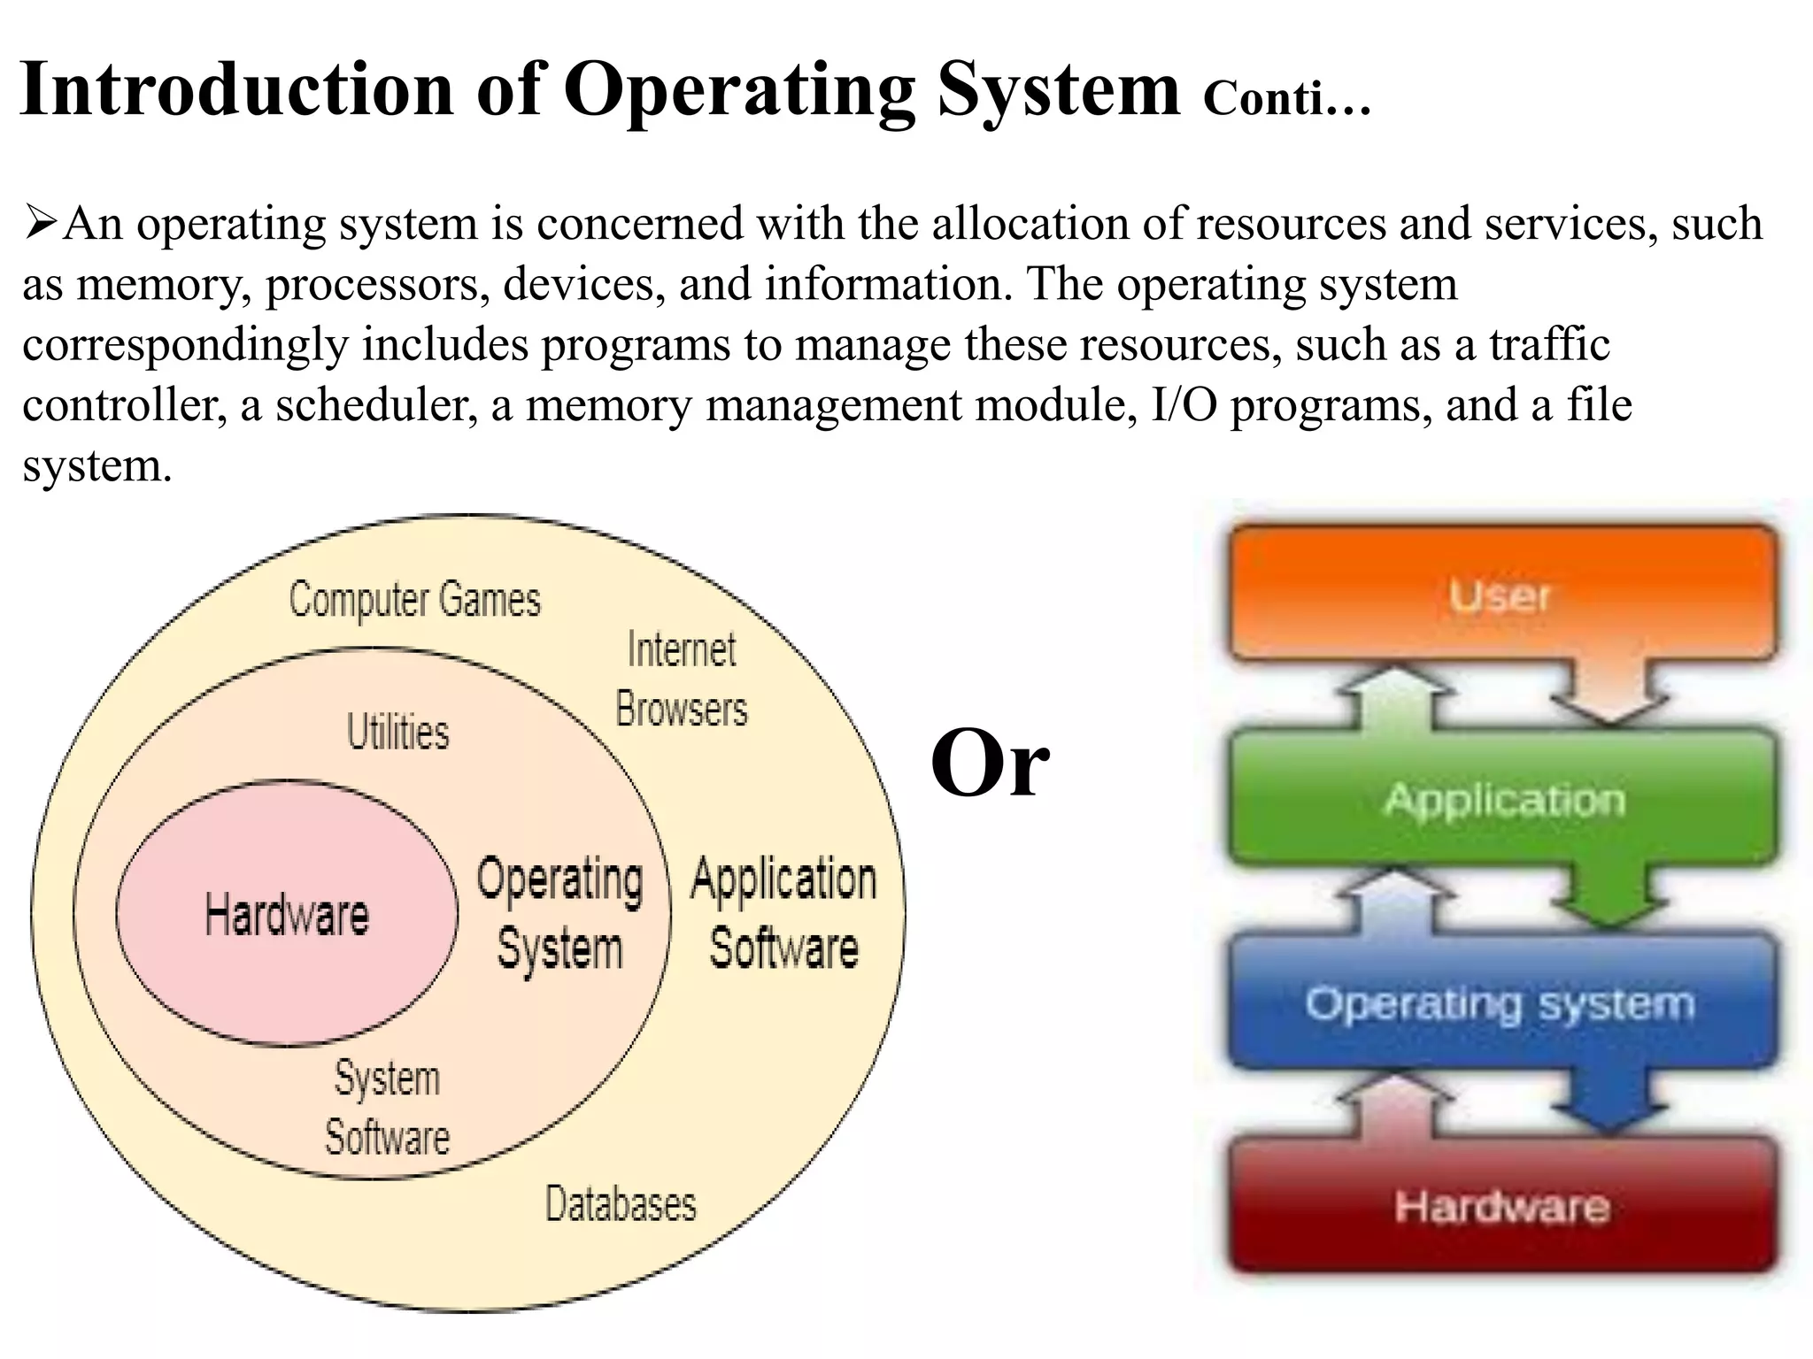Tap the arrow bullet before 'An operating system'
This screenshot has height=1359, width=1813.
click(41, 223)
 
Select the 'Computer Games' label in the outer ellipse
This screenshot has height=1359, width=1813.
click(414, 600)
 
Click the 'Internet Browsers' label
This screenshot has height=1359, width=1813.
click(682, 679)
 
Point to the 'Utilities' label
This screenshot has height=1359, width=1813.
click(397, 733)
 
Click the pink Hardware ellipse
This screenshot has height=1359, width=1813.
click(287, 913)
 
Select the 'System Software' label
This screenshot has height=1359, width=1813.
click(387, 1108)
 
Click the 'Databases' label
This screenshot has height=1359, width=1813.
click(621, 1204)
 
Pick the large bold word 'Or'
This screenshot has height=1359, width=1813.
click(990, 763)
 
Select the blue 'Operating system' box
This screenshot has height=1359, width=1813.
click(1501, 1003)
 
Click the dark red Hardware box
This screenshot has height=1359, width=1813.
click(1501, 1206)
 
